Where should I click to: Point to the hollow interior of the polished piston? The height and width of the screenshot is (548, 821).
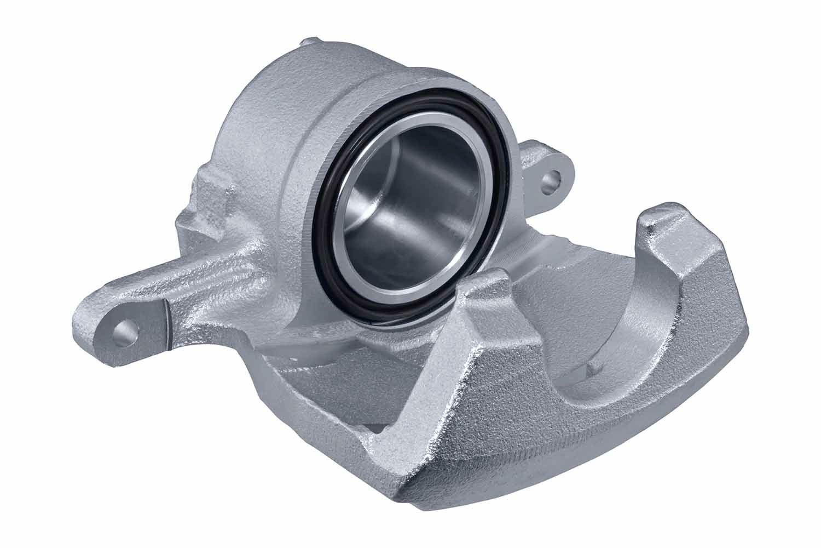(x=408, y=208)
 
